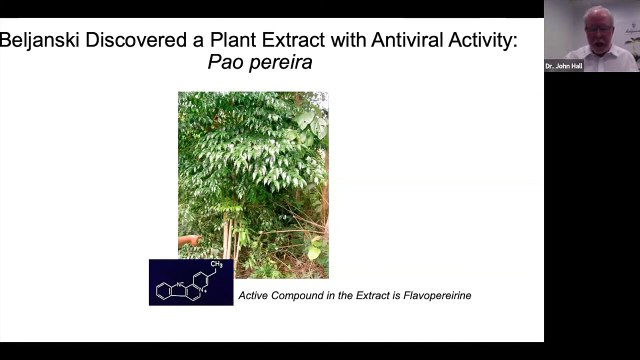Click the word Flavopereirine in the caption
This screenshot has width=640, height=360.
coord(433,296)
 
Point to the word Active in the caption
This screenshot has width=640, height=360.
coord(254,296)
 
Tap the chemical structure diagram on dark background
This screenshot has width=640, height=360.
coord(190,282)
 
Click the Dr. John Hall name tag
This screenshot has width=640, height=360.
coord(564,66)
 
